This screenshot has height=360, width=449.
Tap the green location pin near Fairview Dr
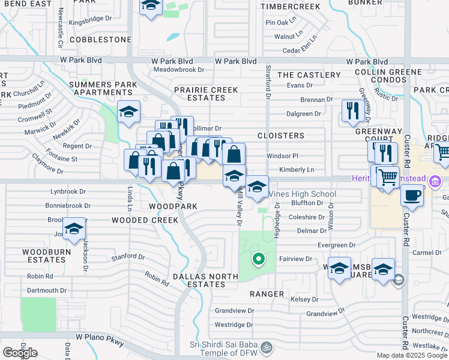(259, 259)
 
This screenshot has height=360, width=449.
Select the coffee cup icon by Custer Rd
(412, 196)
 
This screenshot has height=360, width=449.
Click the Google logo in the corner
(20, 353)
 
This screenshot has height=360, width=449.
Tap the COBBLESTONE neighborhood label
(100, 40)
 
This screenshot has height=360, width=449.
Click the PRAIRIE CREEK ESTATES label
(206, 93)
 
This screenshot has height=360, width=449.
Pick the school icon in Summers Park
(128, 112)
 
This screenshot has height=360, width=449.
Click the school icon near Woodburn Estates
(74, 229)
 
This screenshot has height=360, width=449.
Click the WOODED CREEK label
(145, 220)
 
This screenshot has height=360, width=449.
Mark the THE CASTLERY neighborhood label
(309, 75)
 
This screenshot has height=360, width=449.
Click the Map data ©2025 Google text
(412, 355)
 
